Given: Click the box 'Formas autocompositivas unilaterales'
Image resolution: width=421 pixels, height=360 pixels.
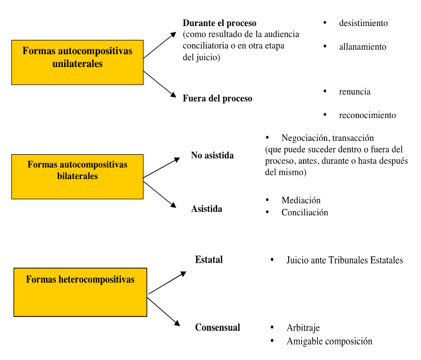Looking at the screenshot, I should [77, 62].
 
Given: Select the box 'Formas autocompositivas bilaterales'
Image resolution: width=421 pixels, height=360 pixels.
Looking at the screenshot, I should [77, 177].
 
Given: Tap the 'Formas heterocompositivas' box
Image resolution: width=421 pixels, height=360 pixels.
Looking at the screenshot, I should [80, 292].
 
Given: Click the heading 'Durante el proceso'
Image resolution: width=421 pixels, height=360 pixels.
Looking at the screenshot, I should [219, 23].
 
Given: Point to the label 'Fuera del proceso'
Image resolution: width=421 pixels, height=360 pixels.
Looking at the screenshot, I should [217, 98].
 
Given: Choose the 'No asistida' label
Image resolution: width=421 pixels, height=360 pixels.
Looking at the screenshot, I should [212, 155].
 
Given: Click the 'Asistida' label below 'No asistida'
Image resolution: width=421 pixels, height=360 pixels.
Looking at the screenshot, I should [206, 208].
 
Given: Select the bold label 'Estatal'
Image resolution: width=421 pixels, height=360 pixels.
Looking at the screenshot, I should [209, 259].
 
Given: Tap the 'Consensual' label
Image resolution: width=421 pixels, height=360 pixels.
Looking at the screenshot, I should [217, 328].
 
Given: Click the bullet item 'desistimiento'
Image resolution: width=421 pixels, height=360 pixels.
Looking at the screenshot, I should [363, 23].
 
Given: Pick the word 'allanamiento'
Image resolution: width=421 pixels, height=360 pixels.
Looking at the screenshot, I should [363, 47].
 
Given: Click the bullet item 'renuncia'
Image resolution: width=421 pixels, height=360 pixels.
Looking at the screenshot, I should [355, 91].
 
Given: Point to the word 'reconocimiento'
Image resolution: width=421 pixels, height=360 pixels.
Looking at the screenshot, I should [367, 115].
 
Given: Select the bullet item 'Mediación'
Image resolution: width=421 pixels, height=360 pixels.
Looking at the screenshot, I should [301, 200].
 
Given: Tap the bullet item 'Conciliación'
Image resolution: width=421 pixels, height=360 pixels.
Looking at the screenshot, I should [305, 212].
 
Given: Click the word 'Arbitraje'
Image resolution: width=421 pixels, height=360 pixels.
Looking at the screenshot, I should [303, 328].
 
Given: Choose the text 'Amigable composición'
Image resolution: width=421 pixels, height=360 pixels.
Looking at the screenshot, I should [329, 341].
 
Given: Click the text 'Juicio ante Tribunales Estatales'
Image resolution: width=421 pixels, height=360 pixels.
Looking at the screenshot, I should [344, 260].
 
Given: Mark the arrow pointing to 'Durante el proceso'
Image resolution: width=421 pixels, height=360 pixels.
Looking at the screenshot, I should [160, 45].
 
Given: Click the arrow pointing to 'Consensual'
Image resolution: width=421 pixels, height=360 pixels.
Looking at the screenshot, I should [163, 311].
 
